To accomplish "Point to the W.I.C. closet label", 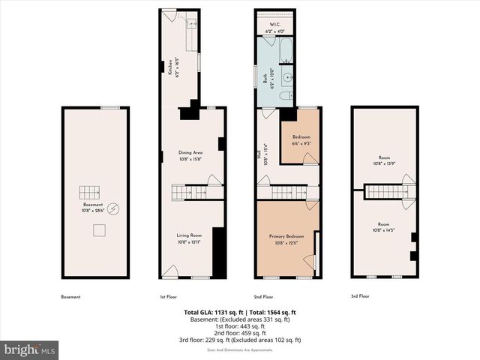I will click(275, 27).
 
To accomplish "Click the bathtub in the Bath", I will click(286, 52).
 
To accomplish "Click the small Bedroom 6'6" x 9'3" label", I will click(300, 140).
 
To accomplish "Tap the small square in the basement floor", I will click(98, 231).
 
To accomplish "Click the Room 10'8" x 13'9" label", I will click(383, 160).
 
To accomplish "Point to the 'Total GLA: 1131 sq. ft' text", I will click(212, 313).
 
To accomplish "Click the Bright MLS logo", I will click(30, 349).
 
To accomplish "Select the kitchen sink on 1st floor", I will click(190, 24).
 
